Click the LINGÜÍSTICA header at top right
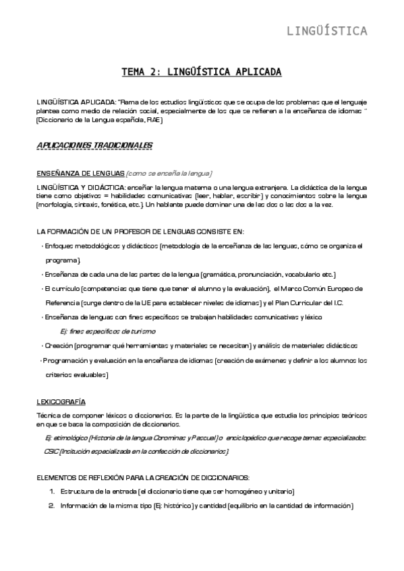(327, 30)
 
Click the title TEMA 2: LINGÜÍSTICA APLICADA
(201, 71)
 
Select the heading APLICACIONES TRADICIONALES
(94, 145)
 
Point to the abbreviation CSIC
(51, 450)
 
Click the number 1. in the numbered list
(52, 492)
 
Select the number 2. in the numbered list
(52, 506)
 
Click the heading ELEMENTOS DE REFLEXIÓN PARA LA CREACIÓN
(143, 477)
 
